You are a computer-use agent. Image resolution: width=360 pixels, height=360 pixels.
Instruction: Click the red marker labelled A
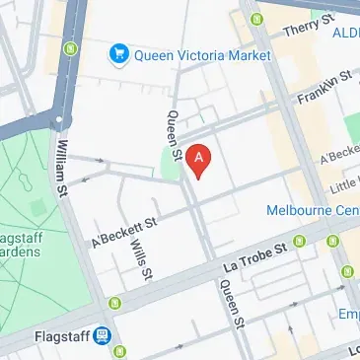[x=199, y=159]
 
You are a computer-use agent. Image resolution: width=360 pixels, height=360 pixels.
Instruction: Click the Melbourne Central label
[x=312, y=210]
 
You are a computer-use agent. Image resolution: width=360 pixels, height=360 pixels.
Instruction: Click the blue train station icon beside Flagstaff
[x=103, y=336]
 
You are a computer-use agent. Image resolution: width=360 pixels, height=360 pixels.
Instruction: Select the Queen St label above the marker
[x=176, y=135]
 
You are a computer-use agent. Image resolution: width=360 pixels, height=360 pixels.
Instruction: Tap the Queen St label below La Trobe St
[x=230, y=303]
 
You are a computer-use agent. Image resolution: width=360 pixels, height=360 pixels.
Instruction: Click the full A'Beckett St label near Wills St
[x=124, y=230]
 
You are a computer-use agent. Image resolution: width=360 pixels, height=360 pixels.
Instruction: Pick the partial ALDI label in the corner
[x=346, y=32]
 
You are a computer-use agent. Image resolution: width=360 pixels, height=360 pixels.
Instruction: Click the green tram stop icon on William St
[x=69, y=47]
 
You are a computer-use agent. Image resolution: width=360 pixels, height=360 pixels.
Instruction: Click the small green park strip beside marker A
[x=170, y=164]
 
